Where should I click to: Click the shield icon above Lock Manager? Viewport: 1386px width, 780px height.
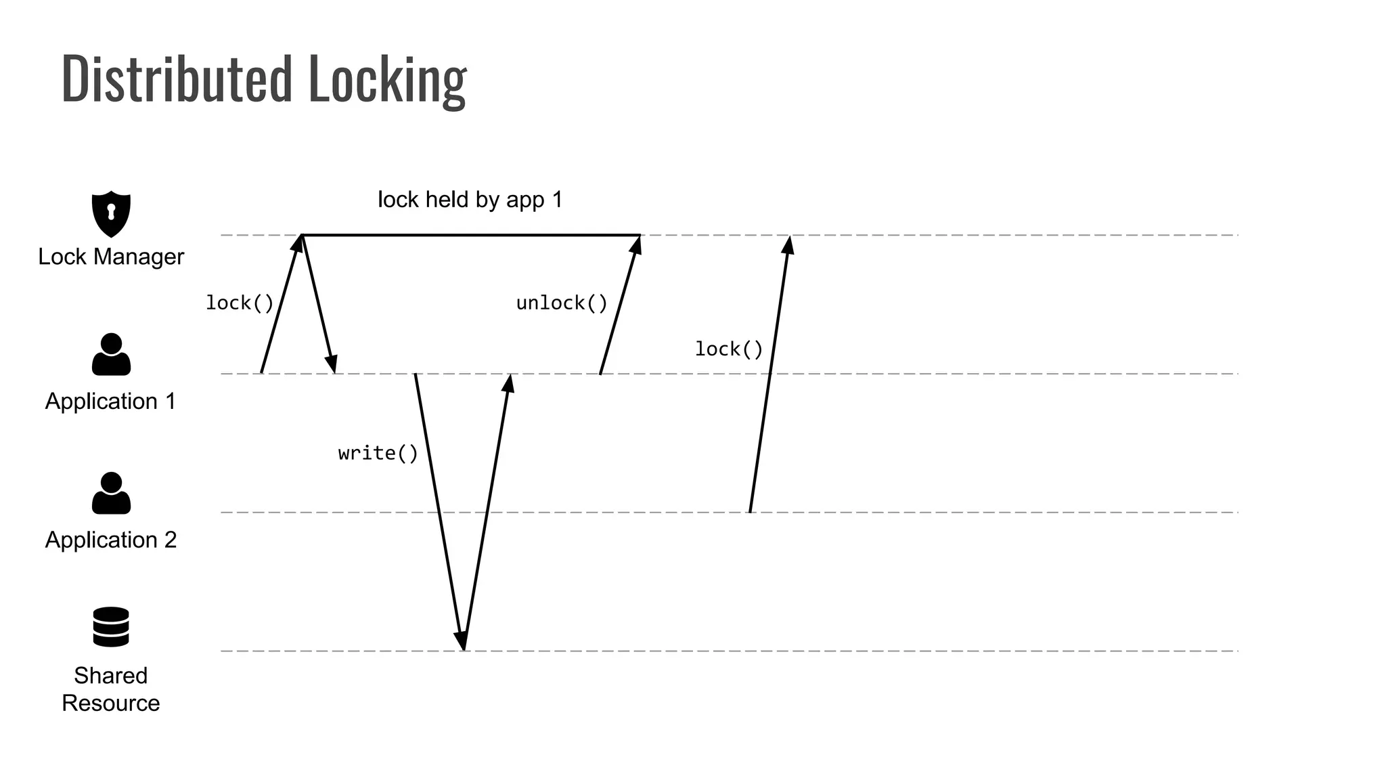[111, 214]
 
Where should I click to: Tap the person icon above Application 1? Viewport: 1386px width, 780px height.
[111, 355]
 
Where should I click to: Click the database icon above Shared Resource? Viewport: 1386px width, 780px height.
[111, 627]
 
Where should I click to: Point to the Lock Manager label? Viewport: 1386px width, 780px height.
[111, 257]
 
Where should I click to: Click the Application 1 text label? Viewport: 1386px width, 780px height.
[111, 402]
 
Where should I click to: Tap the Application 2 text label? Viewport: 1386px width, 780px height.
[111, 540]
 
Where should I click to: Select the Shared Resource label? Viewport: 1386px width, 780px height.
[111, 689]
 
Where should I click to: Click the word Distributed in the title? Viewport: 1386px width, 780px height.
[176, 80]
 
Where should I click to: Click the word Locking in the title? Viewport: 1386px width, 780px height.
[387, 80]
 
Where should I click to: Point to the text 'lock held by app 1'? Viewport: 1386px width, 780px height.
[470, 200]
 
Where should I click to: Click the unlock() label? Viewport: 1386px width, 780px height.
[562, 303]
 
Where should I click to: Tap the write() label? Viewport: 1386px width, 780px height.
[378, 453]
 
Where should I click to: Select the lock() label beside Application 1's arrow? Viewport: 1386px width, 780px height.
[240, 303]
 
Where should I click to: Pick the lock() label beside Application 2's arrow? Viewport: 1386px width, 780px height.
[729, 349]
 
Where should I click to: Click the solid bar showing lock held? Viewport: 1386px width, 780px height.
[471, 235]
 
